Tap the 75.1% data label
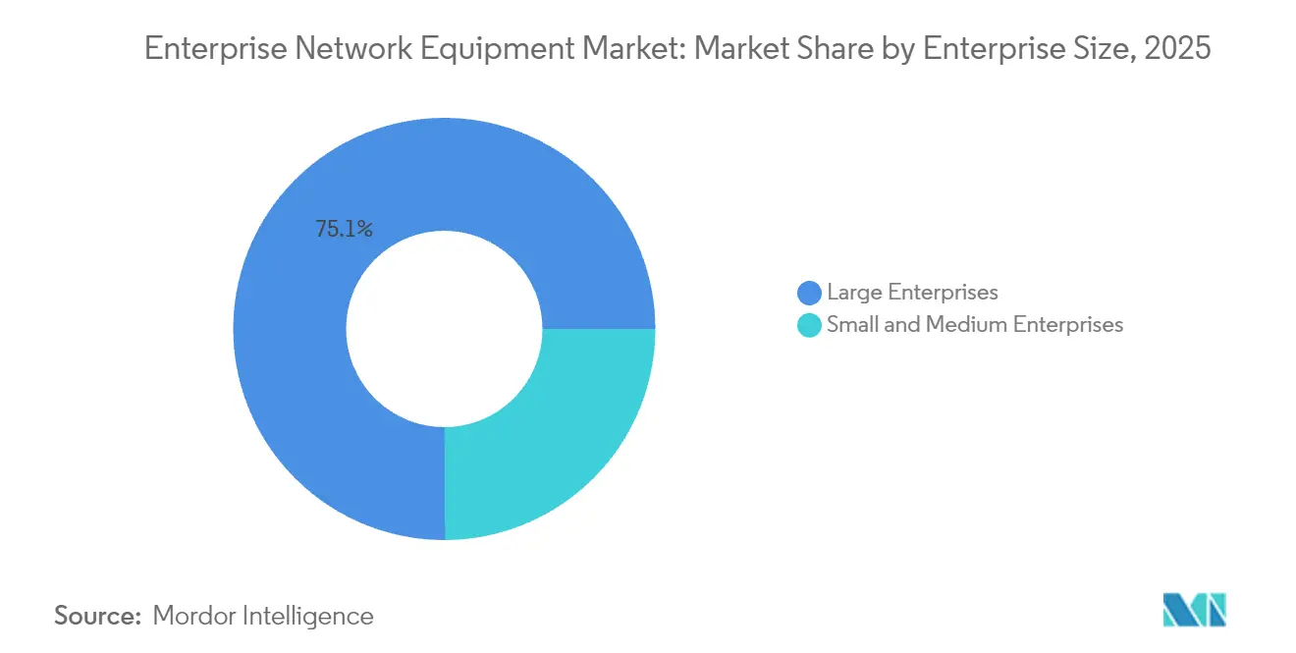point(344,230)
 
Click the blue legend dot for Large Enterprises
point(810,293)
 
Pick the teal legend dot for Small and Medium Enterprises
point(810,325)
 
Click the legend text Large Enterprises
point(912,293)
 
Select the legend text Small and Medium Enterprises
point(974,325)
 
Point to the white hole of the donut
point(445,329)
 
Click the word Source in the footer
point(97,617)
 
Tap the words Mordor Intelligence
point(263,617)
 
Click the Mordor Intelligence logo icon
point(1194,611)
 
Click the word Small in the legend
point(850,325)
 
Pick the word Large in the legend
point(851,293)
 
